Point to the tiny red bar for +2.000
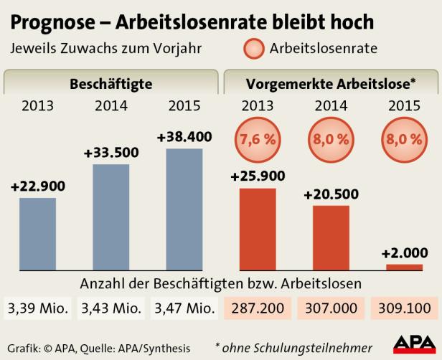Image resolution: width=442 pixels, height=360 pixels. point(404,267)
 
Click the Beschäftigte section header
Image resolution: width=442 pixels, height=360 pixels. point(110,83)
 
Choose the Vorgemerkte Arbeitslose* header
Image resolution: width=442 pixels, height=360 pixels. point(331,83)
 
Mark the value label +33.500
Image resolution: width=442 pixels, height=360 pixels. point(111,153)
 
